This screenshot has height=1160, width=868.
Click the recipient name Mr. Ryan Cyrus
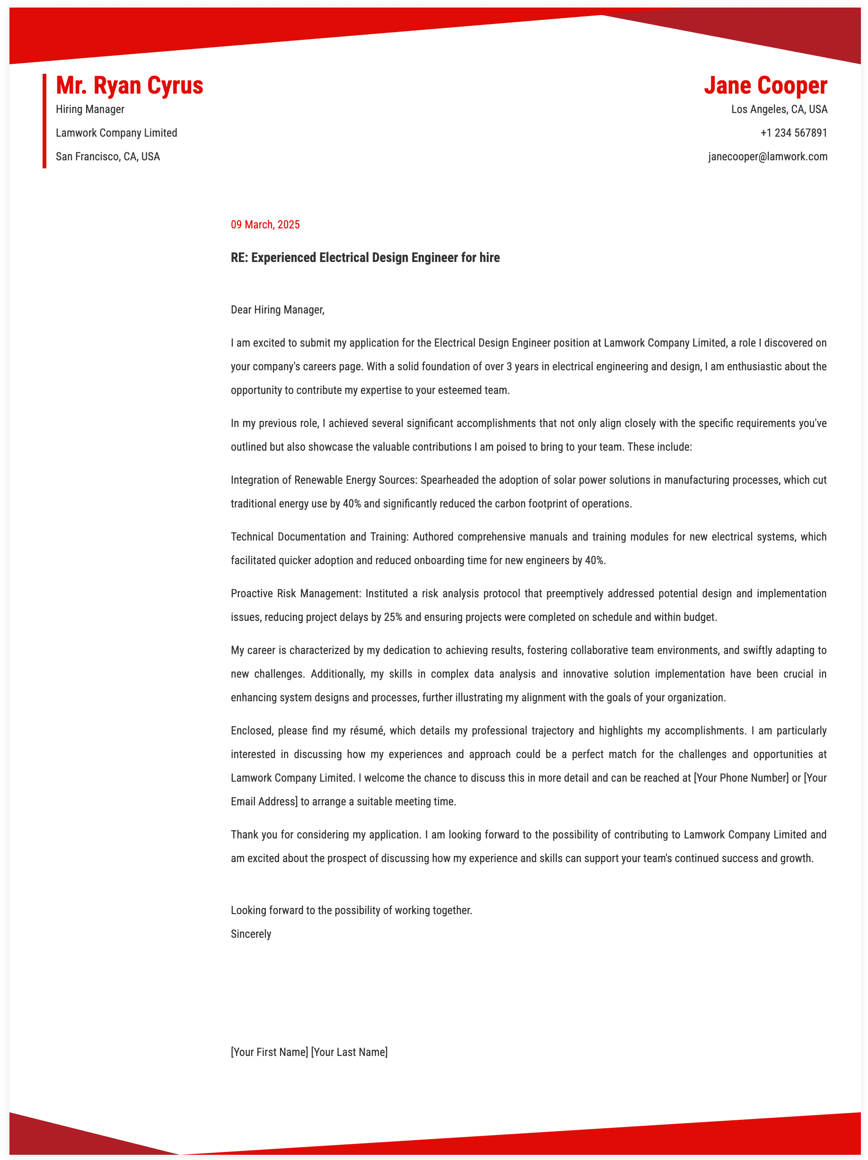coord(129,86)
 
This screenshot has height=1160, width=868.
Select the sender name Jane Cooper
coord(765,86)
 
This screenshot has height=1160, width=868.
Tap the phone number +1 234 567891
coord(794,133)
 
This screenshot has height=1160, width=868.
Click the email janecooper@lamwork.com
coord(767,156)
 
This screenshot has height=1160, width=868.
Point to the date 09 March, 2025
coord(265,225)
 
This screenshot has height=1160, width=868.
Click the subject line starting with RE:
coord(365,257)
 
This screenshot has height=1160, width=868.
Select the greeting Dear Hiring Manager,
coord(278,309)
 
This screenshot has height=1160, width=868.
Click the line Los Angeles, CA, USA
coord(779,109)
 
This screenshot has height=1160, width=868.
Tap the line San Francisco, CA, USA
coord(107,156)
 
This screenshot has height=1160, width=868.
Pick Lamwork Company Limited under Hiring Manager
coord(116,133)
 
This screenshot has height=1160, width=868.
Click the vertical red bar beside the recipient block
coord(44,121)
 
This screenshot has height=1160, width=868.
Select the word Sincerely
coord(251,933)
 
